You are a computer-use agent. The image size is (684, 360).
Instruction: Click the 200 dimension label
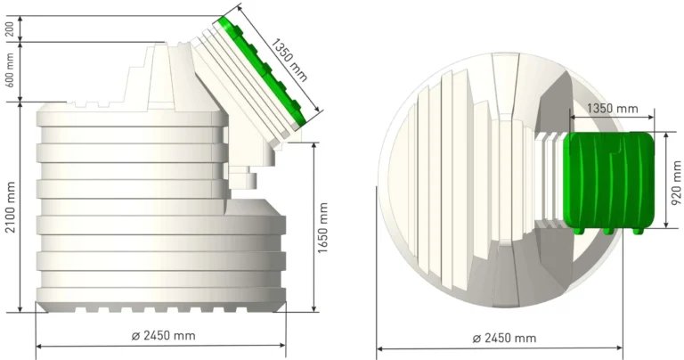pyautogui.click(x=10, y=29)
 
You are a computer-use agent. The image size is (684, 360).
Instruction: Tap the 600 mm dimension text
pyautogui.click(x=10, y=70)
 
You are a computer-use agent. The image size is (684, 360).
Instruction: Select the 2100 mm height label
pyautogui.click(x=11, y=207)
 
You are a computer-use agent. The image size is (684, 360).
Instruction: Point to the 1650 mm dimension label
pyautogui.click(x=322, y=227)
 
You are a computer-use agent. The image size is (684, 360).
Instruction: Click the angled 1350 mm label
pyautogui.click(x=289, y=60)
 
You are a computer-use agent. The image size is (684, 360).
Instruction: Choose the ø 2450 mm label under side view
pyautogui.click(x=164, y=336)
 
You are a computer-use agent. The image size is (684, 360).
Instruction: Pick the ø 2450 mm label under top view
pyautogui.click(x=504, y=339)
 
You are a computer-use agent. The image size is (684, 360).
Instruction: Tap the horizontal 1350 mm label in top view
pyautogui.click(x=613, y=108)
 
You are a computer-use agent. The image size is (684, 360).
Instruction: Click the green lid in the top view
pyautogui.click(x=609, y=182)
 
